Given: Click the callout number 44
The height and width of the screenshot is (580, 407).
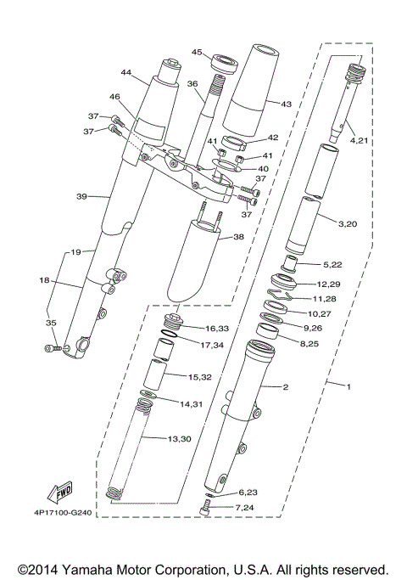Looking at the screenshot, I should [128, 74].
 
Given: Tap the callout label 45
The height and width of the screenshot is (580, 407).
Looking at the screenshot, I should [196, 52].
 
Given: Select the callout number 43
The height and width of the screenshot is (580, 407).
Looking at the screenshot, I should [286, 104].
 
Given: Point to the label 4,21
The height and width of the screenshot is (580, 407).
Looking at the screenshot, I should [360, 140].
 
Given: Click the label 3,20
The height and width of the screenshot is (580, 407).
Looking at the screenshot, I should [348, 225].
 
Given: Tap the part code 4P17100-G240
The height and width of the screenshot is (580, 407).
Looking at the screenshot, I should [62, 513].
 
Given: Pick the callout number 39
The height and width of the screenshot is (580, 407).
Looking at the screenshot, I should [81, 196].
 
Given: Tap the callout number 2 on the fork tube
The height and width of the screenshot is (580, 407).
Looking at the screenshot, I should [286, 387].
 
